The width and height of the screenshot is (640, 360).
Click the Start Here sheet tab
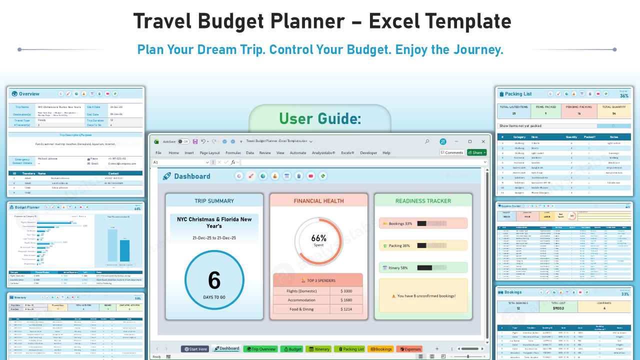point(195,349)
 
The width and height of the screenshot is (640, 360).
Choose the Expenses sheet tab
point(409,349)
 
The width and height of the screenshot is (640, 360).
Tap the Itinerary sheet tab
point(318,349)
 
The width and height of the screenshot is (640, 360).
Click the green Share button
point(476,152)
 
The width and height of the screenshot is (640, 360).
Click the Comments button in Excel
point(452,152)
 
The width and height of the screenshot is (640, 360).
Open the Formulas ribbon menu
point(233,153)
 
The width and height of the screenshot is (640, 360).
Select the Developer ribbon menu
point(368,153)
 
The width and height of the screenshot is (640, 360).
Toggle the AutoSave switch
point(183,141)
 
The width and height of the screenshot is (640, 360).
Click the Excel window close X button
point(482,141)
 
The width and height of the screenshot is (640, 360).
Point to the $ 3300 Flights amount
point(346,291)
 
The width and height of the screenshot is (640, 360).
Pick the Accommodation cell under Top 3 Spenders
point(301,300)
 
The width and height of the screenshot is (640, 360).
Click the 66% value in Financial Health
point(318,238)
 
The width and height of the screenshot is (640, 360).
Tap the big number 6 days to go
point(214,280)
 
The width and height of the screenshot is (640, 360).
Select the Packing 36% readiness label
point(399,245)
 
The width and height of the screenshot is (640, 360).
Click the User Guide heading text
point(319,118)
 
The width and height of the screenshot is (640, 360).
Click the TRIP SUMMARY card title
point(214,201)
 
